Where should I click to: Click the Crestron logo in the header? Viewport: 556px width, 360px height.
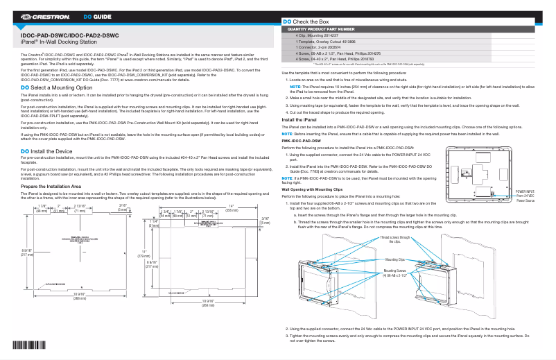click(41, 15)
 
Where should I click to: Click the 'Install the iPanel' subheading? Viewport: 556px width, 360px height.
click(302, 120)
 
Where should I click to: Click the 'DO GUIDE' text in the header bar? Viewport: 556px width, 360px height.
click(97, 15)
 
